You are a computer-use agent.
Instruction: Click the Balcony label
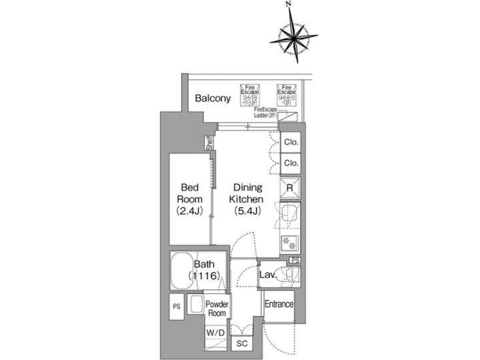213,99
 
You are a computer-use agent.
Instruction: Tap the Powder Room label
218,309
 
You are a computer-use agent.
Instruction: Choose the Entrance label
279,305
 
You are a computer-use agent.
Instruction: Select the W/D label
215,332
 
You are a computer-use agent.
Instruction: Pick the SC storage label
241,343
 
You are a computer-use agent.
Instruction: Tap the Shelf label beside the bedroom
209,143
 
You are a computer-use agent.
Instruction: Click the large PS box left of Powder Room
177,307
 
